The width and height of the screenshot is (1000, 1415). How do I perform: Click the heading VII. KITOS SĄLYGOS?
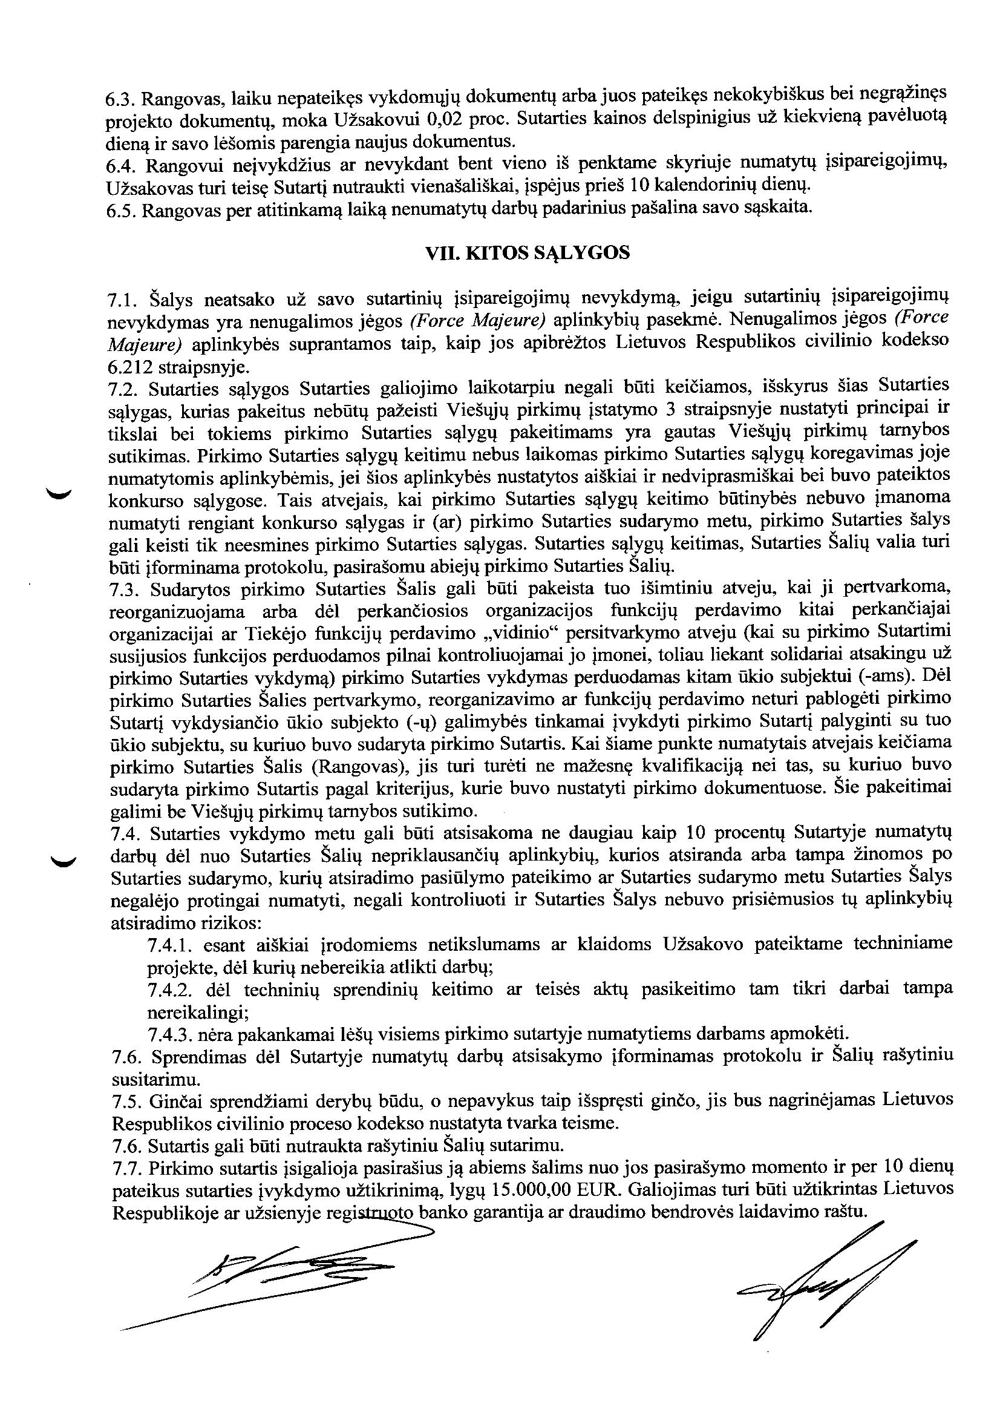click(x=528, y=254)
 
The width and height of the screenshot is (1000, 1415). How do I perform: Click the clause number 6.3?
click(x=121, y=99)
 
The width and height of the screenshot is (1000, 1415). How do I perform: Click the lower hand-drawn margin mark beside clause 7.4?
click(x=62, y=862)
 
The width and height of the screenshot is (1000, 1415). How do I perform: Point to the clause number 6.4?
click(x=121, y=166)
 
